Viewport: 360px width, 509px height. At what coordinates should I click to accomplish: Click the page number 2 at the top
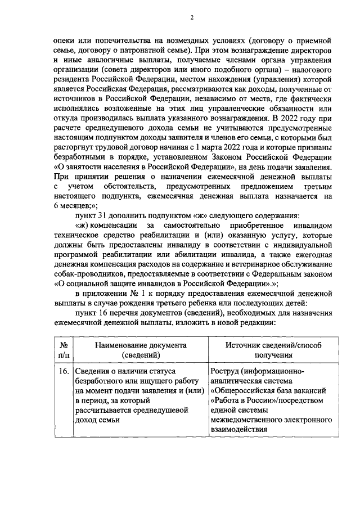191,17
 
